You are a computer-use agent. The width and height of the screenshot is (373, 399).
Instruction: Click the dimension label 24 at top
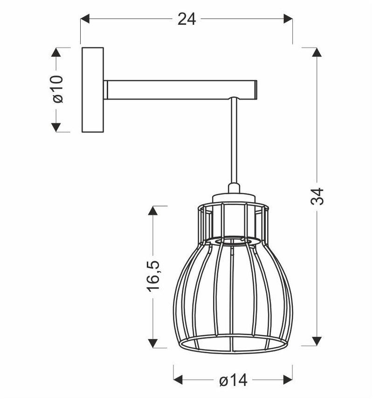[186, 19]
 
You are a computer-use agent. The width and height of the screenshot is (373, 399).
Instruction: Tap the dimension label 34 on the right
[317, 196]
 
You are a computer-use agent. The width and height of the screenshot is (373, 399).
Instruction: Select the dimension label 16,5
[153, 276]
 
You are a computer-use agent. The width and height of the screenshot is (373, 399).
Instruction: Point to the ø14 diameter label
[233, 381]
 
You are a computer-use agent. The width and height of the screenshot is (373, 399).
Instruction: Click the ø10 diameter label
[56, 89]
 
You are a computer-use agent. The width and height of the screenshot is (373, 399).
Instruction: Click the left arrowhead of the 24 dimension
[85, 19]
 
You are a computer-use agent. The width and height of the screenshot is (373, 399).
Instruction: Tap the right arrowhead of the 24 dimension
[288, 19]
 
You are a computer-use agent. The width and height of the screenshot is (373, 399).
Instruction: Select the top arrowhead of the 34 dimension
[317, 52]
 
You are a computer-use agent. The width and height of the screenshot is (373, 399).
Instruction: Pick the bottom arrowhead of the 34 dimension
[317, 341]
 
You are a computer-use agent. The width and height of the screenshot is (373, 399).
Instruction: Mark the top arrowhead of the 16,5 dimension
[153, 211]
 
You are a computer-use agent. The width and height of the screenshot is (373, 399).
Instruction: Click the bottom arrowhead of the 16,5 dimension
[153, 343]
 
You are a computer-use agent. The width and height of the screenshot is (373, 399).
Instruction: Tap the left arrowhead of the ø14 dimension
[178, 381]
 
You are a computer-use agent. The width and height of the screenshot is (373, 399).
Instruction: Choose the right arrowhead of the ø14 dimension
[288, 381]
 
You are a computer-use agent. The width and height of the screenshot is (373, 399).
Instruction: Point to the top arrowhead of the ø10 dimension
[56, 52]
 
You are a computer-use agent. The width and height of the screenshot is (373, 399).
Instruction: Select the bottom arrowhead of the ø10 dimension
[56, 127]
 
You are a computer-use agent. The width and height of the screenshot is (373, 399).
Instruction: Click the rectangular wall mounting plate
[93, 89]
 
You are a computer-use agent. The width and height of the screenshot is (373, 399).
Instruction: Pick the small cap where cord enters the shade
[234, 188]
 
